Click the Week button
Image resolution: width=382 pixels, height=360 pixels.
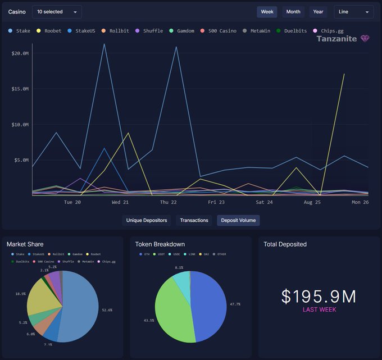(x=267, y=12)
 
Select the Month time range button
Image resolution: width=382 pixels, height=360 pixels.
(x=293, y=12)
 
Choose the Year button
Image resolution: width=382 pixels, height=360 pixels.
(x=318, y=12)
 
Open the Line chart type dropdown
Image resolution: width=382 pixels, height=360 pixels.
(x=353, y=12)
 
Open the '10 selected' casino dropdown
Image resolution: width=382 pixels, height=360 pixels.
(x=57, y=12)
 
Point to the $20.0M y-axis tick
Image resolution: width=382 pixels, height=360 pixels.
(x=20, y=53)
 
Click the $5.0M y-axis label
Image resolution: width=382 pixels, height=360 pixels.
(x=21, y=160)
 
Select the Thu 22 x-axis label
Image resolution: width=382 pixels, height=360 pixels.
(x=168, y=202)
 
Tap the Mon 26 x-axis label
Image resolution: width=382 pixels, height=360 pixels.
(x=360, y=202)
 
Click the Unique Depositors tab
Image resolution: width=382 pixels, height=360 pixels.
(x=147, y=220)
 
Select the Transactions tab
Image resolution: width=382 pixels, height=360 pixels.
(x=194, y=220)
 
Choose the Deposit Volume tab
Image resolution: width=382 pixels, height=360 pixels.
(x=238, y=220)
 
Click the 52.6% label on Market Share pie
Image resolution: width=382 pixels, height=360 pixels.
(x=107, y=310)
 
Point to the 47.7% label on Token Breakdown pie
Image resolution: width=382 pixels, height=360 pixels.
(x=235, y=304)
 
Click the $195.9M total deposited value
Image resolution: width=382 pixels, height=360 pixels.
(x=319, y=297)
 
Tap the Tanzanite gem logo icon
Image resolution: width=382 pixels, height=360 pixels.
(x=366, y=39)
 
